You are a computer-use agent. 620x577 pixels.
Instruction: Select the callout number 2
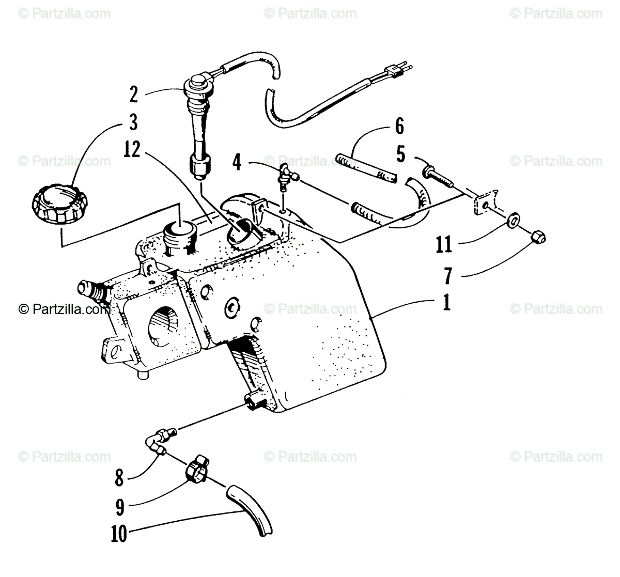tap(134, 95)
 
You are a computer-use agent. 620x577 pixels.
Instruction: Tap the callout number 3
tap(134, 123)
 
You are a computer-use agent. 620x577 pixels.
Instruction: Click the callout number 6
tap(399, 127)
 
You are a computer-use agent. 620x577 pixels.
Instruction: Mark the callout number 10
tap(119, 534)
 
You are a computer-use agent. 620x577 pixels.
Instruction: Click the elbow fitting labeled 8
tap(157, 442)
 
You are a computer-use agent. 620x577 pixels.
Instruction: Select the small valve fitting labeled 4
tap(285, 177)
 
